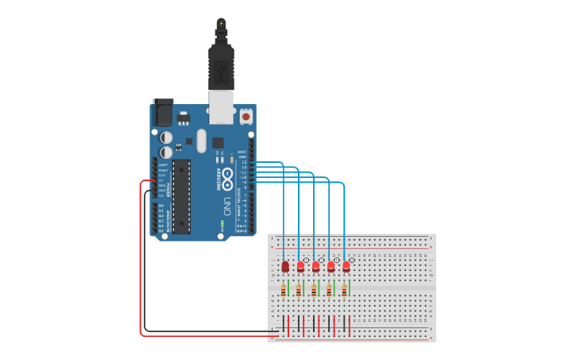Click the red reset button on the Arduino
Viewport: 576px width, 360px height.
245,117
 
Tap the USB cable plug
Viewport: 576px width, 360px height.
221,68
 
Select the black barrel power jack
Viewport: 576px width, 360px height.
163,113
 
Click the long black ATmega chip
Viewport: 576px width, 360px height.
181,196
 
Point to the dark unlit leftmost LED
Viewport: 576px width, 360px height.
285,267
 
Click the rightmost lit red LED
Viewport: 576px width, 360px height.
346,266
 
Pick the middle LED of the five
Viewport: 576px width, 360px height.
315,266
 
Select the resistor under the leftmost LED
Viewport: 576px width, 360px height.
284,291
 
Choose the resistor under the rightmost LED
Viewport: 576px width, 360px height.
344,291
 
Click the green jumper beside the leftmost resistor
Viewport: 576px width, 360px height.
288,287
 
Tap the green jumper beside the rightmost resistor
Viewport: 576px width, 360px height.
349,287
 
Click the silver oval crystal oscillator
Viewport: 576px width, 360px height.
202,141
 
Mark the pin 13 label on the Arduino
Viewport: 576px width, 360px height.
244,162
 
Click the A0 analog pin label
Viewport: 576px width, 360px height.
160,206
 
